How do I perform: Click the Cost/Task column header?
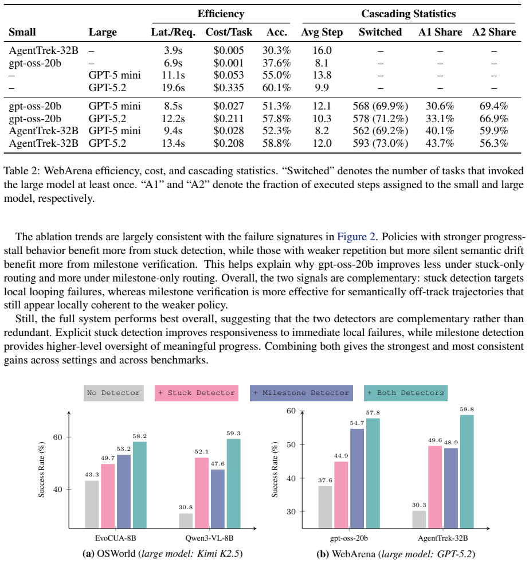pyautogui.click(x=229, y=32)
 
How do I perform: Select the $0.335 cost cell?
pyautogui.click(x=229, y=88)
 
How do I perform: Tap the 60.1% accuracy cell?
pyautogui.click(x=276, y=88)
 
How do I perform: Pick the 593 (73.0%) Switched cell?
pyautogui.click(x=380, y=143)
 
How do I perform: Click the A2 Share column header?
pyautogui.click(x=494, y=32)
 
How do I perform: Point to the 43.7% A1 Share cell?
pyautogui.click(x=440, y=143)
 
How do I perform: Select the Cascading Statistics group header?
pyautogui.click(x=409, y=14)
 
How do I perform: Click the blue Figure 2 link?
pyautogui.click(x=356, y=237)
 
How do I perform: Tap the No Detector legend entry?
pyautogui.click(x=113, y=393)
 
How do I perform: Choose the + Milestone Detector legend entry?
pyautogui.click(x=301, y=393)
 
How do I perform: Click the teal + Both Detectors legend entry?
pyautogui.click(x=406, y=393)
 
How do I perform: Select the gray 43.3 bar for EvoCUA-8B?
pyautogui.click(x=92, y=505)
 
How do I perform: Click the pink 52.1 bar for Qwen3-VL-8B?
pyautogui.click(x=202, y=493)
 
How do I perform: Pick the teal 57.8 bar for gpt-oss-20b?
pyautogui.click(x=373, y=473)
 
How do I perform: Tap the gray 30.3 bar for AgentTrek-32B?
pyautogui.click(x=419, y=519)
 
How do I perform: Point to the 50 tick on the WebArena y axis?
pyautogui.click(x=291, y=444)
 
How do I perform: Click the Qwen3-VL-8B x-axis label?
pyautogui.click(x=209, y=538)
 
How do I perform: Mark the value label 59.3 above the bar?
pyautogui.click(x=233, y=433)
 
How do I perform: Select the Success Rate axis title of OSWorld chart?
pyautogui.click(x=42, y=470)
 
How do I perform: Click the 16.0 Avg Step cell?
pyautogui.click(x=322, y=50)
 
